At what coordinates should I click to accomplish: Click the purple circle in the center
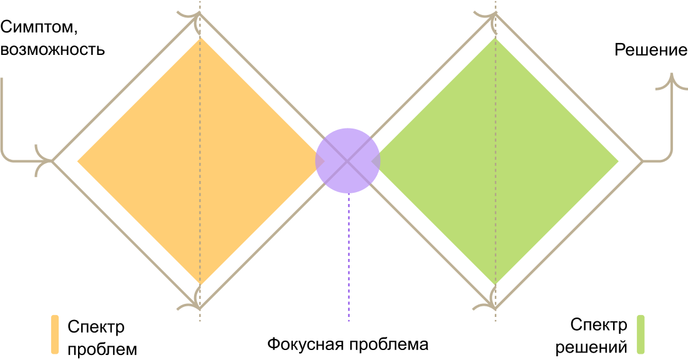(x=348, y=160)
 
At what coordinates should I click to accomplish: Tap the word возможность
(x=52, y=49)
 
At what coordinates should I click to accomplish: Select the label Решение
(x=651, y=50)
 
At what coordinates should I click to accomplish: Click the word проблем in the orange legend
(x=102, y=348)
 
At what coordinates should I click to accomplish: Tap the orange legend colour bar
(x=54, y=335)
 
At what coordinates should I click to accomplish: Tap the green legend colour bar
(x=640, y=335)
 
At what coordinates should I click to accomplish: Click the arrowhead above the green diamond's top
(x=490, y=17)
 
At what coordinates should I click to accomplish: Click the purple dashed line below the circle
(x=348, y=262)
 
